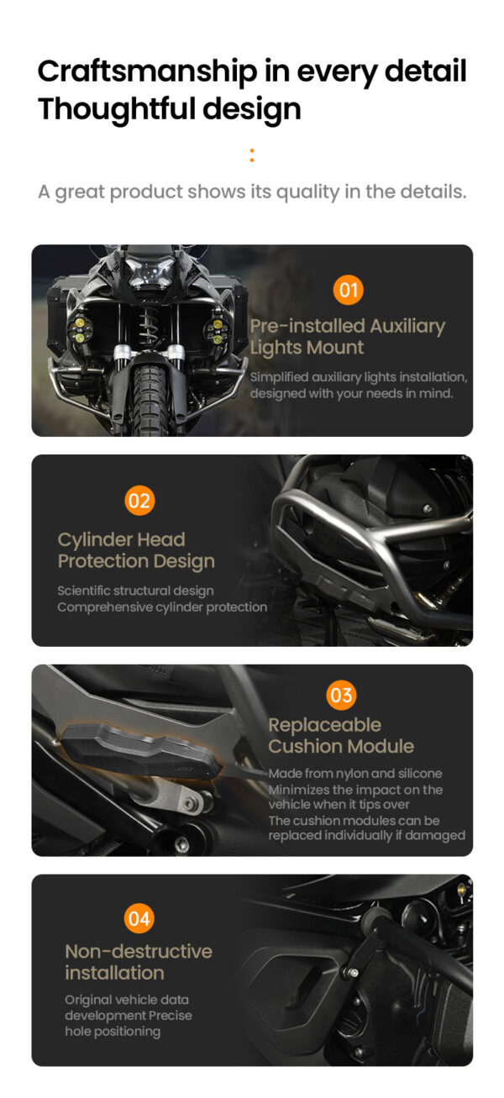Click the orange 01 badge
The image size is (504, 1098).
click(x=348, y=291)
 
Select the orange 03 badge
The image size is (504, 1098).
click(x=341, y=695)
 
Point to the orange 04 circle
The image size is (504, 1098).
click(x=139, y=919)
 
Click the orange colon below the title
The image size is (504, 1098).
click(x=252, y=155)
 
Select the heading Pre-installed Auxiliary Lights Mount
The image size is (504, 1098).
click(x=347, y=337)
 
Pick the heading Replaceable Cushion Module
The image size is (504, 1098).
click(x=341, y=735)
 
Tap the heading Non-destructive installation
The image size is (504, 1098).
click(x=139, y=962)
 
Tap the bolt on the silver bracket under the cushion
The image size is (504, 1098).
click(x=192, y=805)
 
